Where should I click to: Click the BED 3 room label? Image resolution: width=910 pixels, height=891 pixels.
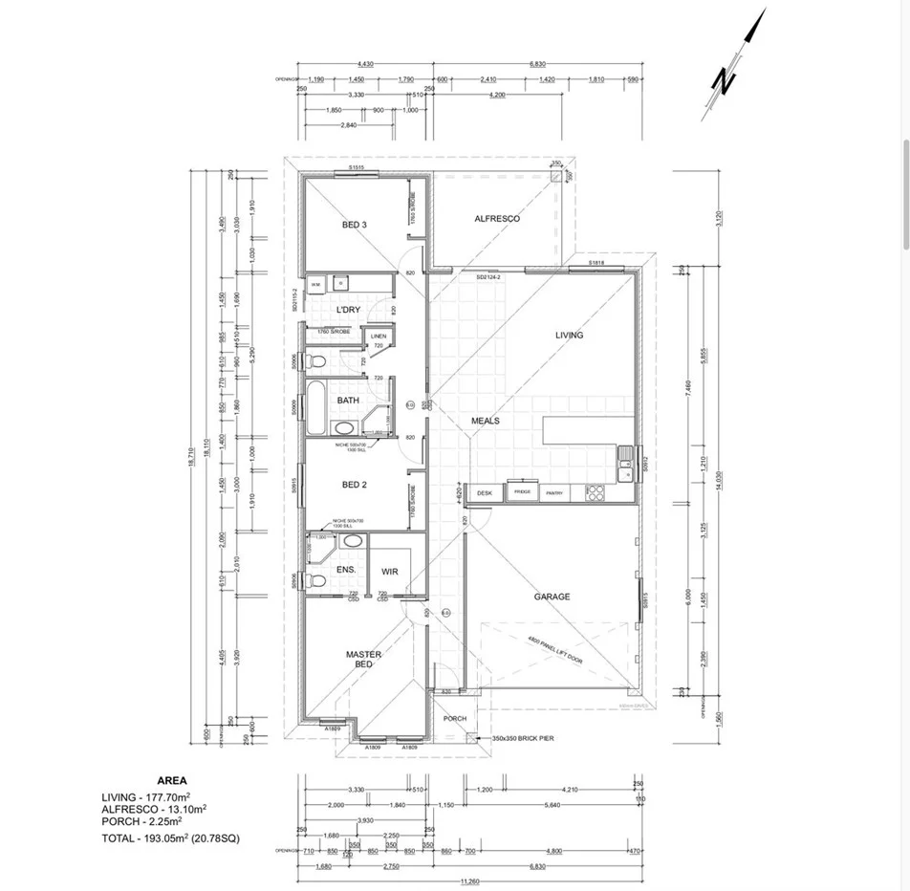(x=355, y=225)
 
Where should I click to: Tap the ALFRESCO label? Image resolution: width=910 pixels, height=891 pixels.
(x=497, y=219)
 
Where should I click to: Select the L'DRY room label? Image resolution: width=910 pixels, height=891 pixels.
(x=346, y=311)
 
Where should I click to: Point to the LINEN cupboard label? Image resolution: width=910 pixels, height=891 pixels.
(x=379, y=337)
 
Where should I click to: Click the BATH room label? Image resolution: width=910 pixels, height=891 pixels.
(x=348, y=401)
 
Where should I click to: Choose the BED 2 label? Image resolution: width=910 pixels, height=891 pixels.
(x=355, y=485)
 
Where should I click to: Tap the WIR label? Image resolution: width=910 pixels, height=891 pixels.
(x=389, y=572)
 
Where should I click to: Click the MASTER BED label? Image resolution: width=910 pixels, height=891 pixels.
(x=363, y=659)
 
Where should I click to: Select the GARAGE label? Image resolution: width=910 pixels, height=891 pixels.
(x=552, y=597)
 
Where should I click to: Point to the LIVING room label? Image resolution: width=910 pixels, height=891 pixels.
(x=569, y=335)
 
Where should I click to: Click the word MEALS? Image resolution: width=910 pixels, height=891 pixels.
(x=486, y=421)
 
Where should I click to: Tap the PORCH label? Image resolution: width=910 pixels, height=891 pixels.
(x=455, y=719)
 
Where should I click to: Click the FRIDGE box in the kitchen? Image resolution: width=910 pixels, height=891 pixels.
(x=522, y=491)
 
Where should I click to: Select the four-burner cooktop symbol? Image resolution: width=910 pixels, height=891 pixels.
(x=595, y=492)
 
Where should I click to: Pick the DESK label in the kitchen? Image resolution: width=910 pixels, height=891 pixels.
(x=485, y=492)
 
